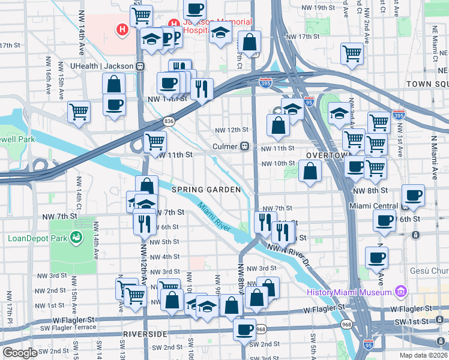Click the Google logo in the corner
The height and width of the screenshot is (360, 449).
[20, 353]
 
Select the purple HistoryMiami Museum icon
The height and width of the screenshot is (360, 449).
[401, 292]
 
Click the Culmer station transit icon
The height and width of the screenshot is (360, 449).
[245, 146]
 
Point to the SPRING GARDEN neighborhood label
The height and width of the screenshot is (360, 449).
[206, 190]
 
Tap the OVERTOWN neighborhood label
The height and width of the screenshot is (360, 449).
[328, 155]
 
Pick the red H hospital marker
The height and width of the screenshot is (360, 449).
[122, 29]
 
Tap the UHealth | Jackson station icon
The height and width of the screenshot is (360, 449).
[140, 66]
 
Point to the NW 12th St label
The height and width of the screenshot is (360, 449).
[231, 130]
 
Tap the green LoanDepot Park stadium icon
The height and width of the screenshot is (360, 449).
[76, 238]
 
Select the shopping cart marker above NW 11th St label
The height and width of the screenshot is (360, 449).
[155, 142]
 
